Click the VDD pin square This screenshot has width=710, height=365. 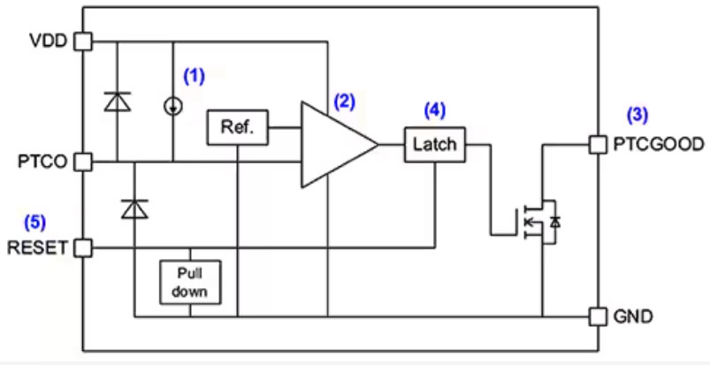(x=82, y=41)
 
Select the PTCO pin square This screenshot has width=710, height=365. (x=82, y=162)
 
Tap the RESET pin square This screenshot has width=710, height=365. (x=82, y=247)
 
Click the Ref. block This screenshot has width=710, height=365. (x=237, y=128)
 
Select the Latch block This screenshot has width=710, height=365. (x=434, y=144)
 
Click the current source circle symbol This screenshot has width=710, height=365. (x=173, y=106)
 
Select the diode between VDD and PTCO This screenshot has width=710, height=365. (x=116, y=102)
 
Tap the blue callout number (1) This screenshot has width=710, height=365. (x=194, y=76)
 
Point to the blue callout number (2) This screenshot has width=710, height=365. (x=344, y=101)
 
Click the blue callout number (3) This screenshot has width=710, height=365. (x=637, y=114)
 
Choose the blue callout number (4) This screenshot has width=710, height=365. (x=434, y=110)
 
